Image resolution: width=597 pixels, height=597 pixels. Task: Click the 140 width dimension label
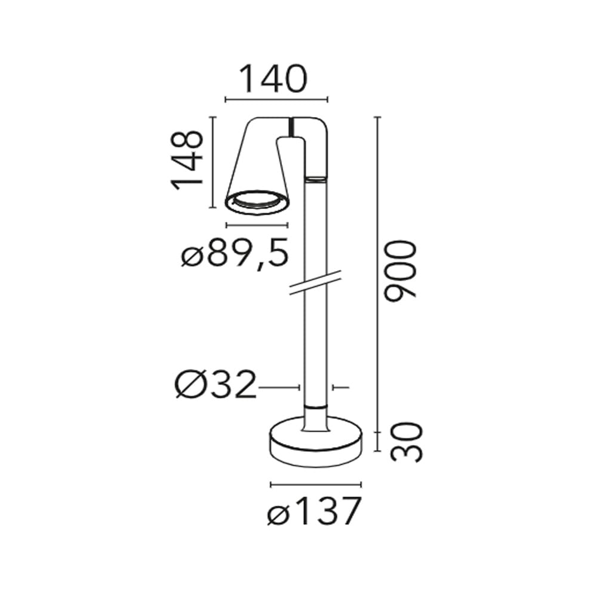(273, 79)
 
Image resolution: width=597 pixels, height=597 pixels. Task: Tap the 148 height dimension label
(186, 160)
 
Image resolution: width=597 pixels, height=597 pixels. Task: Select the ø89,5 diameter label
(235, 253)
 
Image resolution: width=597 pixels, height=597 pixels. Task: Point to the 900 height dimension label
(399, 270)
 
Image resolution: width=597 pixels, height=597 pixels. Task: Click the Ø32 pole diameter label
(216, 384)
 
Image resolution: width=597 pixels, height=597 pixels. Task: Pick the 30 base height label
(407, 442)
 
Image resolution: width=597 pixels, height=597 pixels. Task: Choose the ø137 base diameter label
(314, 512)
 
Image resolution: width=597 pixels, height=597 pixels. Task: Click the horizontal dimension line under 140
(276, 100)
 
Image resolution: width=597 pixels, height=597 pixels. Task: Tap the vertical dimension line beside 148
(213, 162)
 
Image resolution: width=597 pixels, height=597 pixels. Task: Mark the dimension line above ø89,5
(257, 226)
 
